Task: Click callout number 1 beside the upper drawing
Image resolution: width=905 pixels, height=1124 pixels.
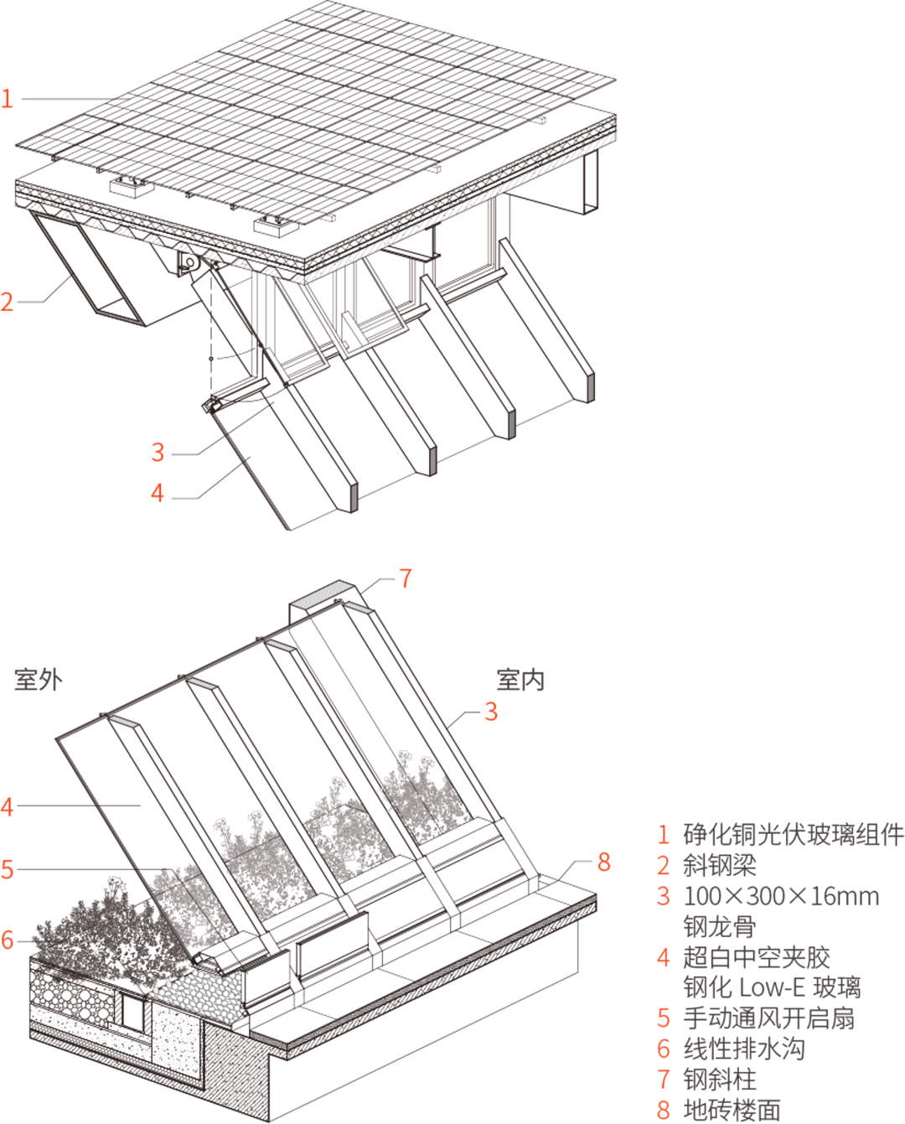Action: (x=7, y=99)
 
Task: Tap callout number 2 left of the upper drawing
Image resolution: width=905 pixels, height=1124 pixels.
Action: (x=7, y=303)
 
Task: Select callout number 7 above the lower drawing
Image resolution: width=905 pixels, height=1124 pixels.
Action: (x=406, y=578)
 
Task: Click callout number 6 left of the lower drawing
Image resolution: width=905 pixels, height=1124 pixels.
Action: (x=7, y=940)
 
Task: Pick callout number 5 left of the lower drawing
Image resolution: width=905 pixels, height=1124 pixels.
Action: (x=7, y=870)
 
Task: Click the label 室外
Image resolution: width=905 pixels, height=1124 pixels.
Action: (x=38, y=680)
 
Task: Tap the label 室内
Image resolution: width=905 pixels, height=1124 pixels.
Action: (x=520, y=680)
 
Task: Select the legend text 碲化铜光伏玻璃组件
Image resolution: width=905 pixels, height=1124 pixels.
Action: (x=794, y=834)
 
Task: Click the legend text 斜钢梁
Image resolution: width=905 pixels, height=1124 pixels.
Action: (x=720, y=866)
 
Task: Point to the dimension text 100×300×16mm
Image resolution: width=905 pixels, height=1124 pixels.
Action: (x=781, y=896)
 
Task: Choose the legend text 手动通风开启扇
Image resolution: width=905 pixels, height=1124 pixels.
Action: (x=768, y=1018)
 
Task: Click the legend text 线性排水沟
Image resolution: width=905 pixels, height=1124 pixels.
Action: (x=744, y=1049)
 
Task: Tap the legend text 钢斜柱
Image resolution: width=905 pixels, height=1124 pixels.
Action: (x=720, y=1080)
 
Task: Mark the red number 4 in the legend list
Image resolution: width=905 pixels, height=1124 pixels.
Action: (x=663, y=957)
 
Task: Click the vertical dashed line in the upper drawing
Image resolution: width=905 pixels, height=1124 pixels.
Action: (x=211, y=334)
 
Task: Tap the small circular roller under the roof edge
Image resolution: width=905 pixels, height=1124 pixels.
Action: (x=190, y=262)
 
